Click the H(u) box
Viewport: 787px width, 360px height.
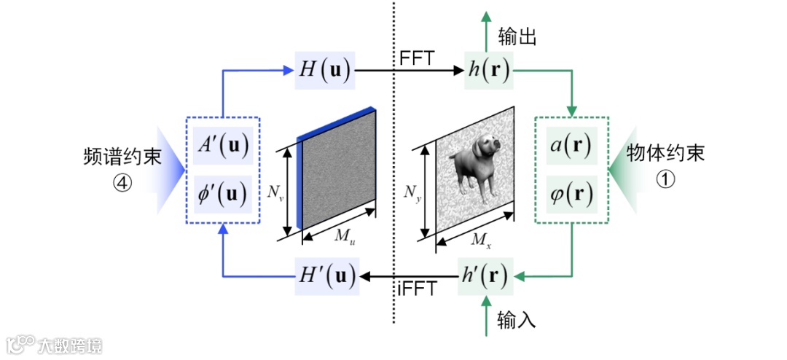(x=324, y=71)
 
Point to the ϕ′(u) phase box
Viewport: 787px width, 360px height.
(x=222, y=193)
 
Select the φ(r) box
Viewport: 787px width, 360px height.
(x=571, y=193)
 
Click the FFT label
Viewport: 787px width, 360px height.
(x=417, y=58)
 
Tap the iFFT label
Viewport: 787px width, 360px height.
(x=417, y=290)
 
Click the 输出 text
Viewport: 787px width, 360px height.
(x=517, y=36)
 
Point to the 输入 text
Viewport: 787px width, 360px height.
(x=517, y=318)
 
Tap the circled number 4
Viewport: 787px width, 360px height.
(x=122, y=184)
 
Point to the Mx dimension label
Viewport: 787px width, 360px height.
(x=480, y=240)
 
